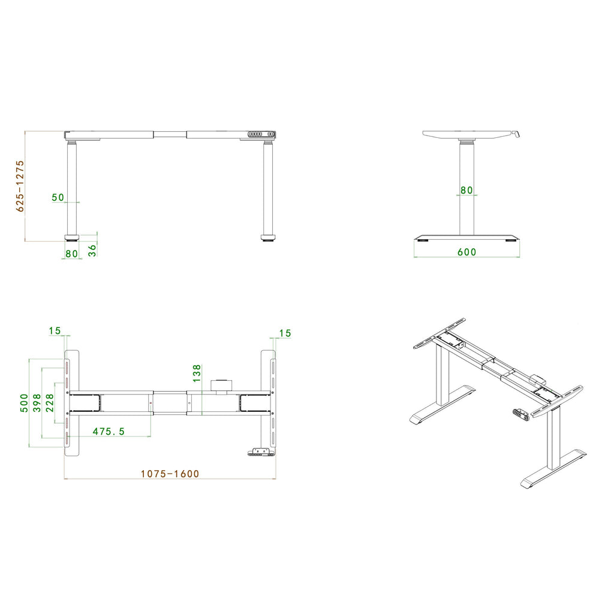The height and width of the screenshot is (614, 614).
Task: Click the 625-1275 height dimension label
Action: click(20, 186)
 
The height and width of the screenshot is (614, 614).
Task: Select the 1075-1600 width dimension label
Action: click(170, 474)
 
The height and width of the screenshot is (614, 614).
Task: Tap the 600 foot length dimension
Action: click(466, 252)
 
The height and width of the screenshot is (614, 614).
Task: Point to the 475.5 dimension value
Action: click(109, 431)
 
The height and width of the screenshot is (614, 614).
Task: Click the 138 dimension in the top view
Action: click(197, 373)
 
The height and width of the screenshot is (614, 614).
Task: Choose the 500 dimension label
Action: click(24, 403)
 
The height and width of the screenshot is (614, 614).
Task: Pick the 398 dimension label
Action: click(37, 403)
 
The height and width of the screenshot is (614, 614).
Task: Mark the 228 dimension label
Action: click(50, 403)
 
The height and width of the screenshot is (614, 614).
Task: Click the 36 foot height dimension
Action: click(92, 250)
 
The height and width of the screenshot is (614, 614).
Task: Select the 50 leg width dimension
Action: click(58, 197)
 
